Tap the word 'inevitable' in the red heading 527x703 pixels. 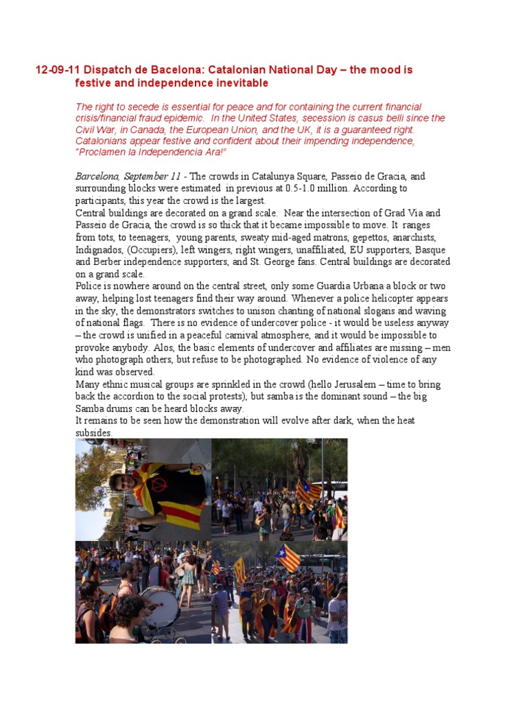pos(242,83)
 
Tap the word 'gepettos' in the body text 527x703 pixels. pos(330,237)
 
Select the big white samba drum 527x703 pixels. pos(159,606)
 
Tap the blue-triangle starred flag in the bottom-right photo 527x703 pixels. pos(288,557)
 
